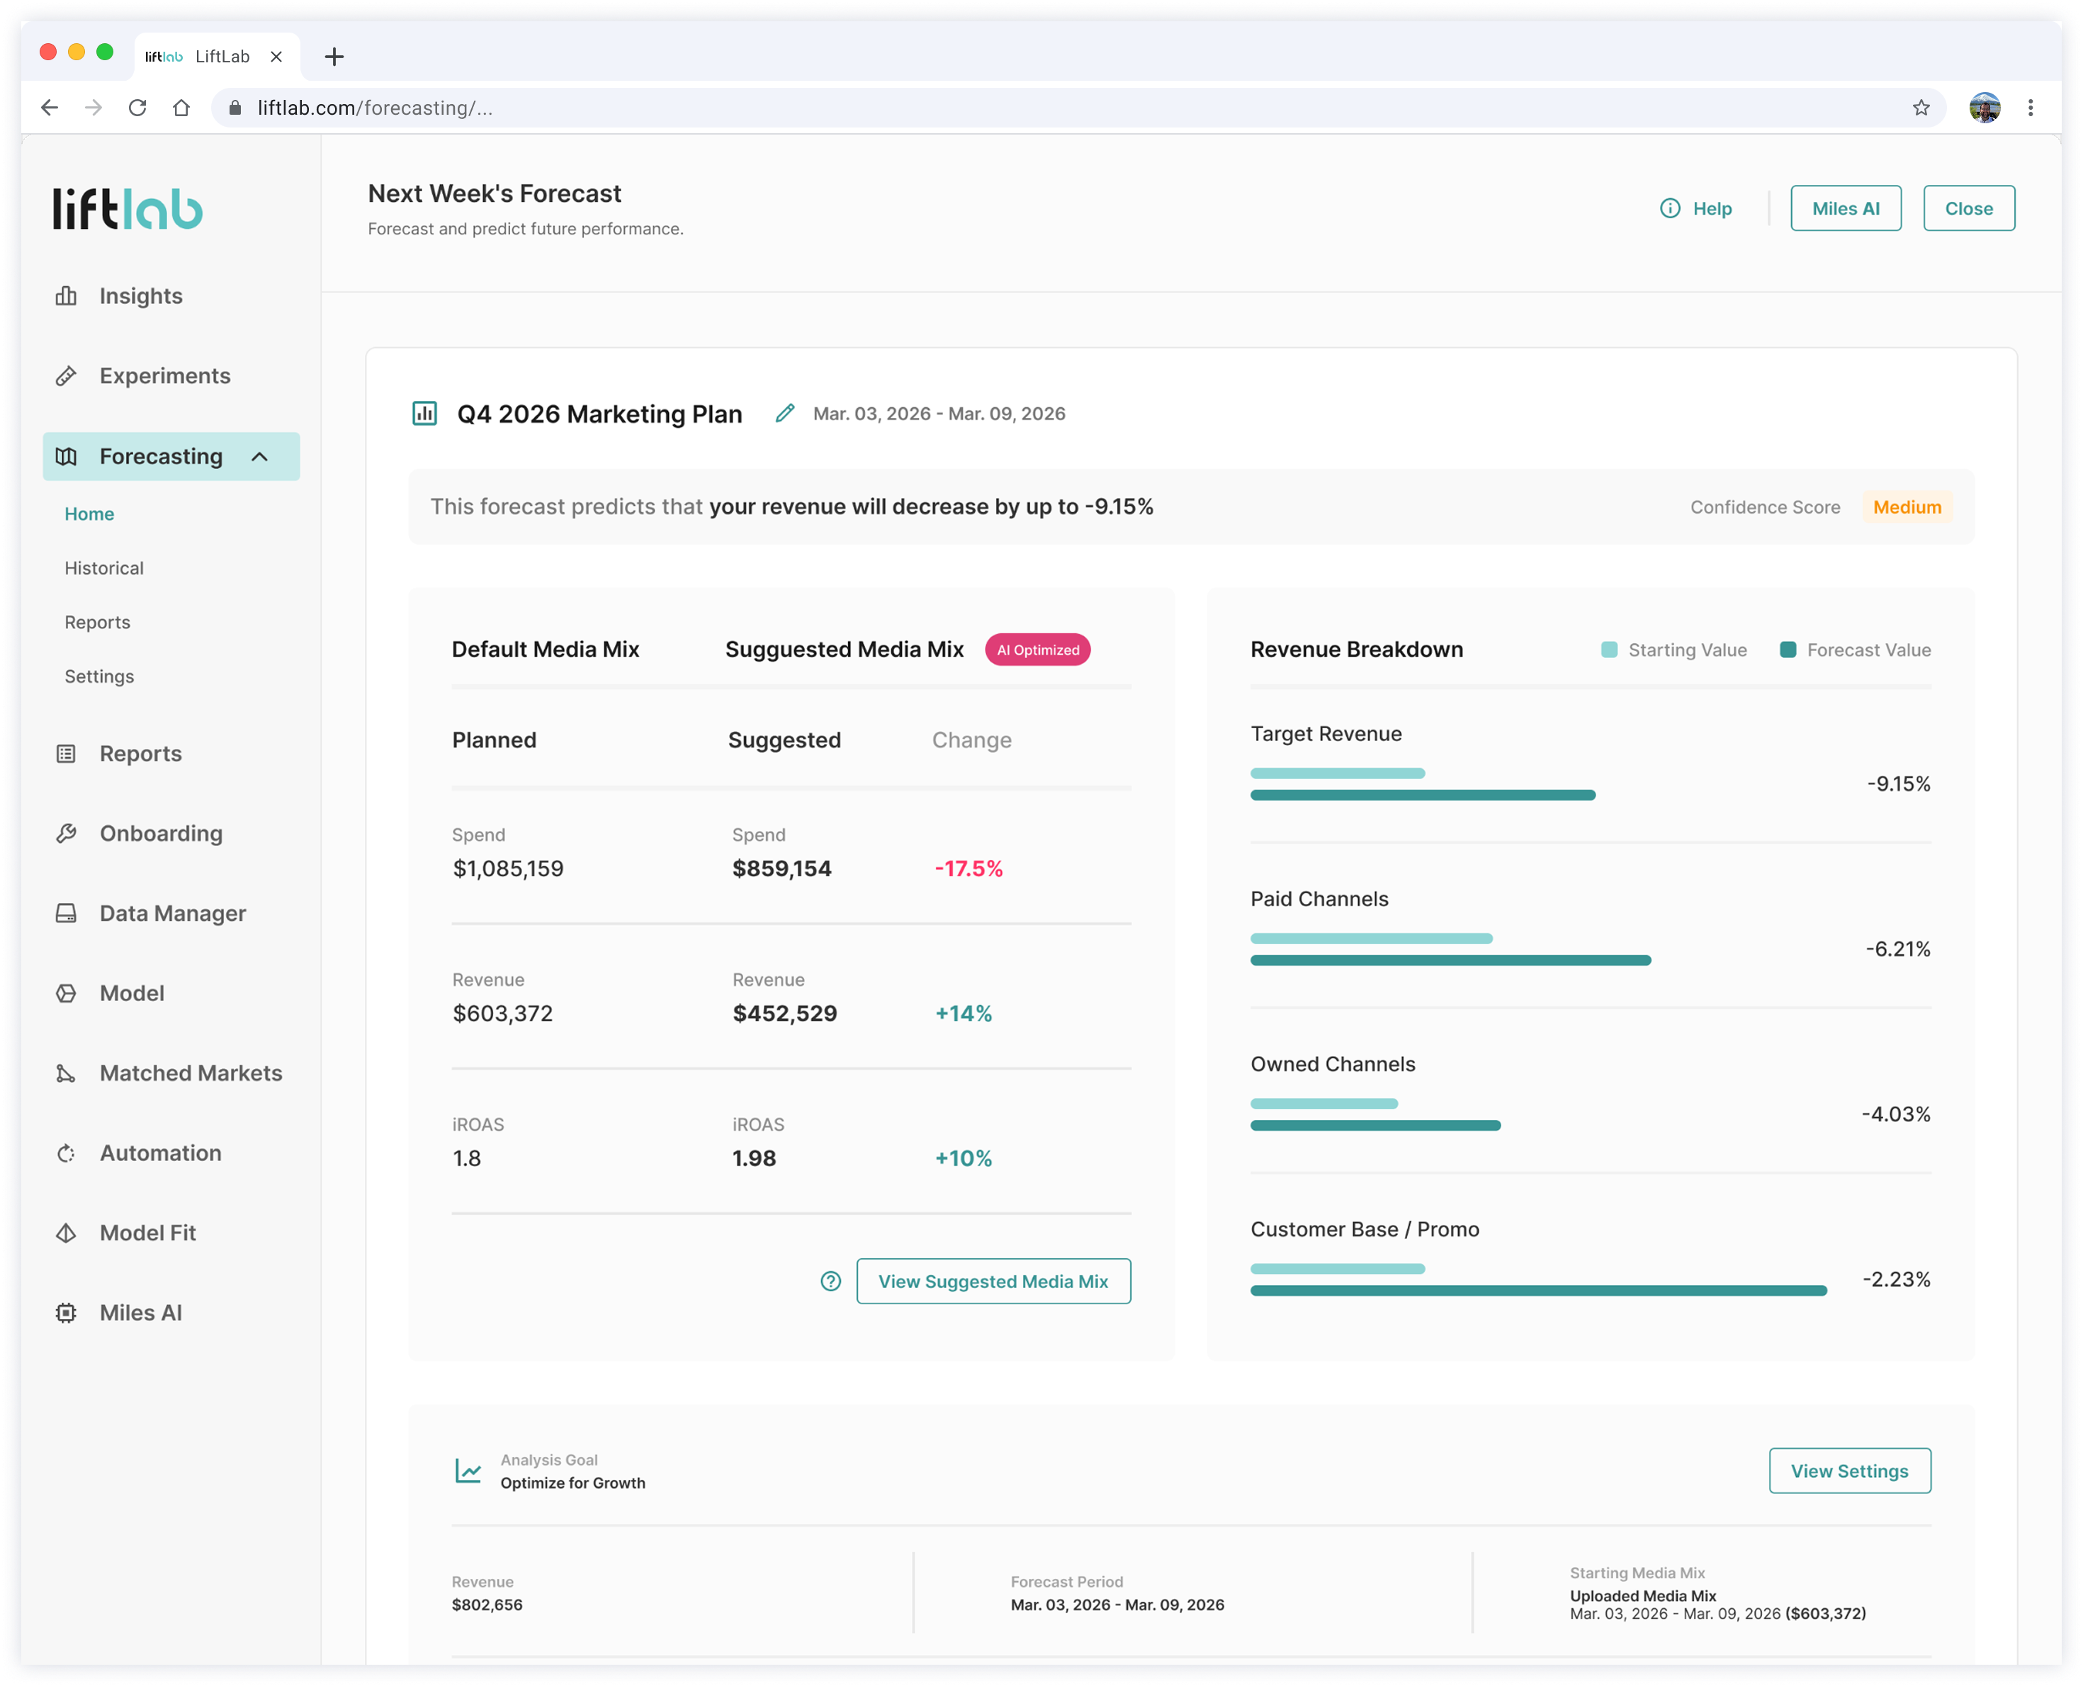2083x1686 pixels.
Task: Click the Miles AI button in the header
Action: [x=1845, y=208]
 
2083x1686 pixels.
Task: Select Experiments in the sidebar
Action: [x=165, y=376]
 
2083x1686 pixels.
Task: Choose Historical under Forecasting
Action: [x=104, y=568]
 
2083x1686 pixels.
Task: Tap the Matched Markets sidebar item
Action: [x=191, y=1073]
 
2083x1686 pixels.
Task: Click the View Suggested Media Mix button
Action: [x=993, y=1281]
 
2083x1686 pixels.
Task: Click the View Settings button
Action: [x=1849, y=1471]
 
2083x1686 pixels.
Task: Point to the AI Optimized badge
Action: [x=1037, y=650]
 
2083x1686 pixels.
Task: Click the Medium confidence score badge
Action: [x=1907, y=507]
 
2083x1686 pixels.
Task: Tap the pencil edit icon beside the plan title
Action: [x=784, y=414]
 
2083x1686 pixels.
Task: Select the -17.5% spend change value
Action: [x=969, y=869]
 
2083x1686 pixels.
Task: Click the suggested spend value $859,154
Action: [x=781, y=869]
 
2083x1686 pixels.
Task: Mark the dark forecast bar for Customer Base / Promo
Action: [x=1538, y=1291]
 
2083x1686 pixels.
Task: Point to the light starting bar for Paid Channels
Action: [x=1371, y=938]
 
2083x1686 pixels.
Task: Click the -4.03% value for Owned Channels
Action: [x=1895, y=1114]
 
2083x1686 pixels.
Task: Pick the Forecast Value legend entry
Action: [x=1855, y=650]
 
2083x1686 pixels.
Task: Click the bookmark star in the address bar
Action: [x=1921, y=108]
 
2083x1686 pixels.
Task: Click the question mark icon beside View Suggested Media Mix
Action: [x=830, y=1281]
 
